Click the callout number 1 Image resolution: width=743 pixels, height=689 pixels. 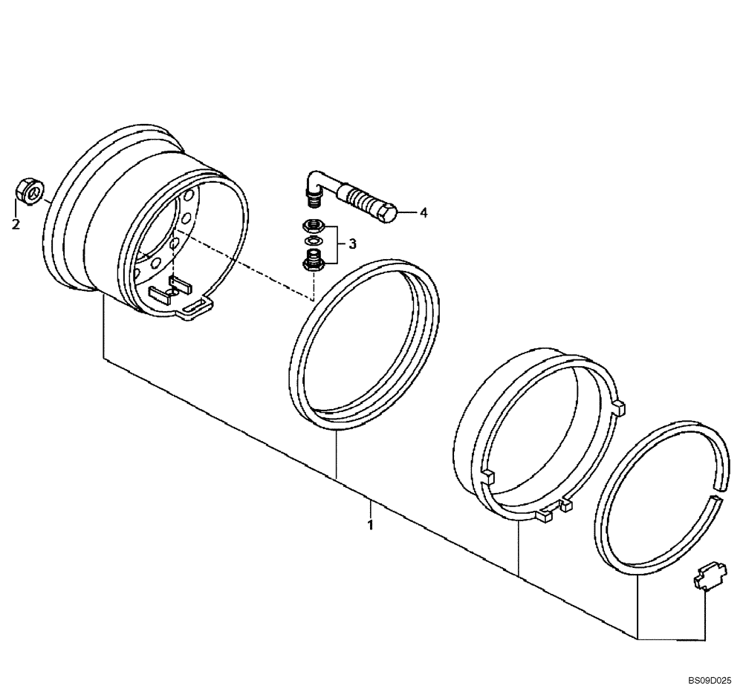[x=369, y=525]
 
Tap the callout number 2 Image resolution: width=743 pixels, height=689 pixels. [x=16, y=224]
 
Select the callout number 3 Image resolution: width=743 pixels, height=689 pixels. [x=352, y=243]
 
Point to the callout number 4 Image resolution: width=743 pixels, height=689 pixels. [x=424, y=213]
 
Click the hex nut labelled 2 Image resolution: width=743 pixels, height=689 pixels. [x=28, y=191]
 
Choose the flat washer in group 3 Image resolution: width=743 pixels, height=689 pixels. [x=311, y=241]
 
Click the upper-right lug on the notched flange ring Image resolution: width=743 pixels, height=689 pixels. [x=618, y=406]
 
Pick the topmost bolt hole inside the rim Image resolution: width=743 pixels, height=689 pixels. [x=189, y=196]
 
